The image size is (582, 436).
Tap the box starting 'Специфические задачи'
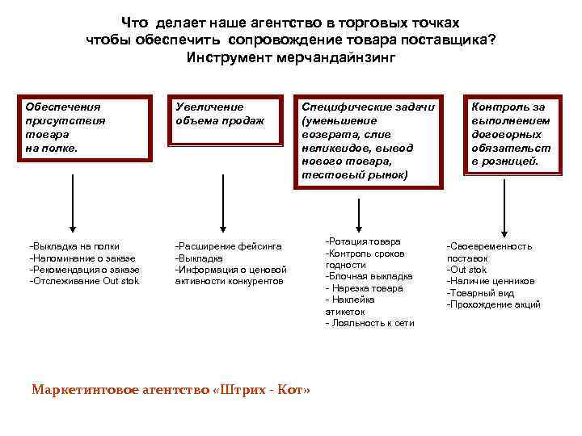[x=369, y=140]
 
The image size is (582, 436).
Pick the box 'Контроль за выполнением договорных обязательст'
[x=512, y=133]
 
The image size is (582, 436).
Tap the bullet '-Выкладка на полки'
[x=74, y=245]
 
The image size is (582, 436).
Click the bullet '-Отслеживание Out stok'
[x=84, y=281]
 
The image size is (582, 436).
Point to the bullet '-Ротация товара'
[x=363, y=241]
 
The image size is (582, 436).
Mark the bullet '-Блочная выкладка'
[x=369, y=276]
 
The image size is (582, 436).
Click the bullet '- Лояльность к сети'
[x=369, y=323]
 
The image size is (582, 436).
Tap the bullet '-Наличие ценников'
[x=491, y=281]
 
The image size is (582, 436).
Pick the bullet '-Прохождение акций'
[x=494, y=304]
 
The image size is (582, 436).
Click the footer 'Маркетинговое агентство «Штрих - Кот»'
[x=171, y=390]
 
